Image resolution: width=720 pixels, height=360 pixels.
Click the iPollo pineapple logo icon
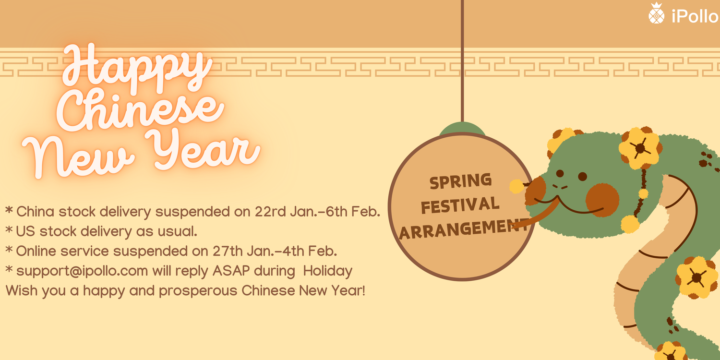656,13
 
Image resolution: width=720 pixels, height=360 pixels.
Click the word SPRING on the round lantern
461,181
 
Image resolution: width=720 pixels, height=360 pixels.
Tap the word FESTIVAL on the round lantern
460,205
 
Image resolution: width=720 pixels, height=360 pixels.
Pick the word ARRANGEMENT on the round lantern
463,229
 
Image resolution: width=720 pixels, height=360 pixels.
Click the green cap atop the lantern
462,129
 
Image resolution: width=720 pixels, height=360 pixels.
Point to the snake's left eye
560,173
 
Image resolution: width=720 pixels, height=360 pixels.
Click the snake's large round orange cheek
602,200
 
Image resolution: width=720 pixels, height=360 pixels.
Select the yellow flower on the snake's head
640,148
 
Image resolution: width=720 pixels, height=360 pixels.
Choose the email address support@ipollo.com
82,271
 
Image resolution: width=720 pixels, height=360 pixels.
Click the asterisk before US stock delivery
9,230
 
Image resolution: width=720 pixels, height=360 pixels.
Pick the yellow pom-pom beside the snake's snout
516,186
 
